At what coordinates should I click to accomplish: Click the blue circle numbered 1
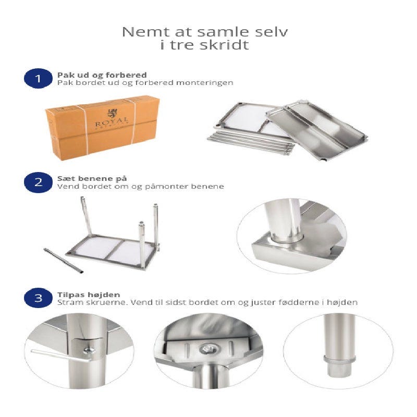tap(38, 79)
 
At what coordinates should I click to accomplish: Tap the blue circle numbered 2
tap(38, 182)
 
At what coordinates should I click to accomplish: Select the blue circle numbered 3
tap(38, 298)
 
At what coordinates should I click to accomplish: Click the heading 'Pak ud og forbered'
tap(102, 75)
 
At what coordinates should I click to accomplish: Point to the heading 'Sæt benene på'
tap(92, 178)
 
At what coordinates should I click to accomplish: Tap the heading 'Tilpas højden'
tap(89, 295)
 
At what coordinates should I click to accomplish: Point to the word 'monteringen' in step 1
tap(205, 82)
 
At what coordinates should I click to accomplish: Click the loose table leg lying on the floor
tap(63, 260)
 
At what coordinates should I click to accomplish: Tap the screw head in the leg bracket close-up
tap(89, 351)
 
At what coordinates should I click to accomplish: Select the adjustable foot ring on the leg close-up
tap(339, 359)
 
